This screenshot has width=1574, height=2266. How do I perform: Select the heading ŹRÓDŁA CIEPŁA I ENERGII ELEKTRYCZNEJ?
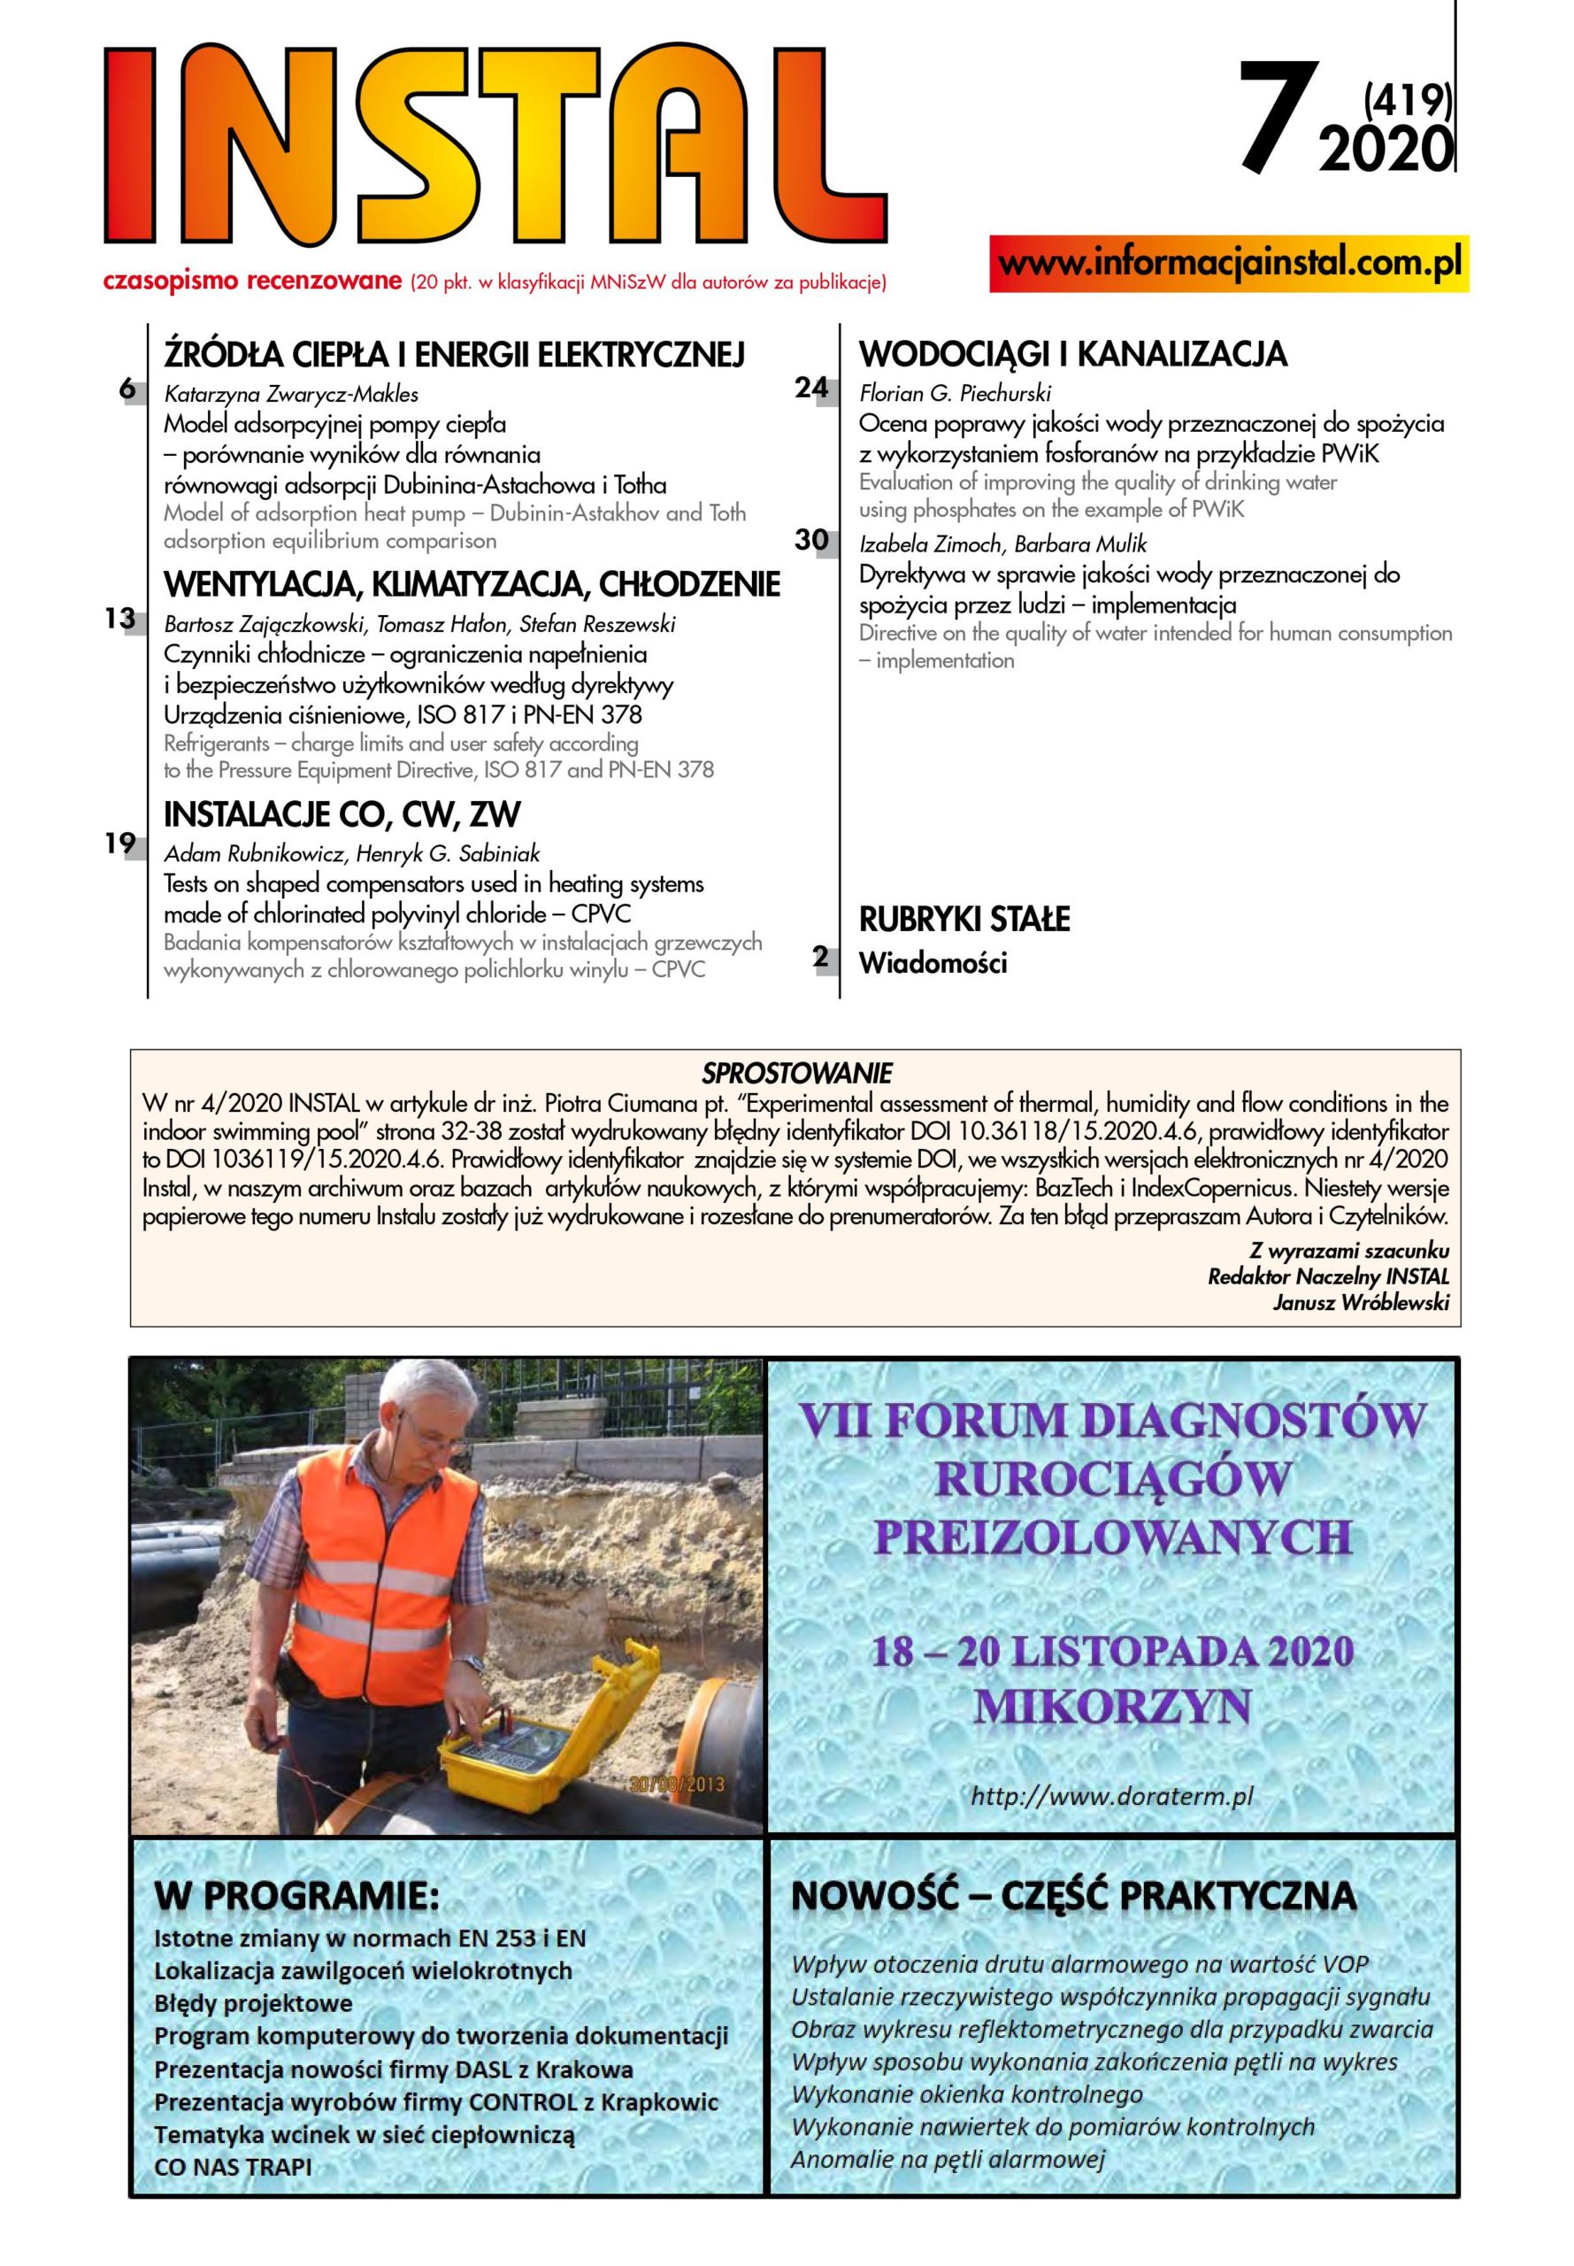[454, 354]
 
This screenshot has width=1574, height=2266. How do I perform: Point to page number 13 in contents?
[119, 620]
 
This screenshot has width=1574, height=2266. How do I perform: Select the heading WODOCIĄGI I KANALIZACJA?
[1073, 354]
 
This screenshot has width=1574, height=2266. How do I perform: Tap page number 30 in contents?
[811, 541]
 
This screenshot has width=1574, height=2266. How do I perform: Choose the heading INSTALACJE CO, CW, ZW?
[342, 815]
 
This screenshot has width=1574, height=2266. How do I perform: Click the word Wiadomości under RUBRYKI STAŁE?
[933, 964]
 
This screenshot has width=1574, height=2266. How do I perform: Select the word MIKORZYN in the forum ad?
[1111, 1707]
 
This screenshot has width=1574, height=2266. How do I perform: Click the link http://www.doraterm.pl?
[1111, 1796]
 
